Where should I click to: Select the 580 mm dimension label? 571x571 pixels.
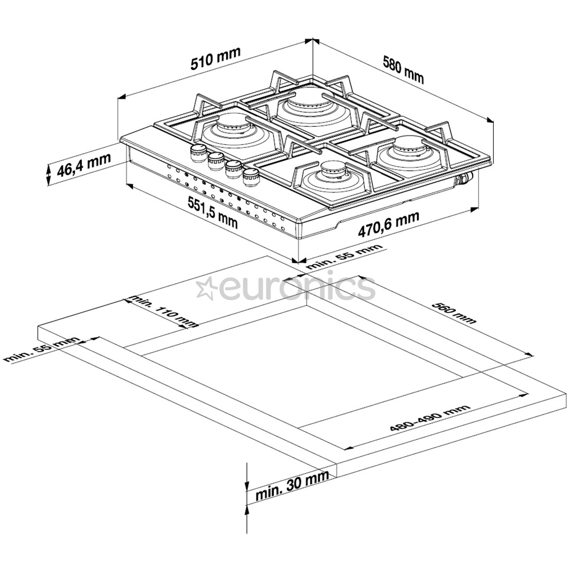[403, 69]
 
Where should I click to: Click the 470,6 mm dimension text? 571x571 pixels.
[389, 225]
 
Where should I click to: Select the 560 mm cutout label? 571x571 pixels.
[454, 312]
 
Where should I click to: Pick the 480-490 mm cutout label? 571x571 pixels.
[429, 419]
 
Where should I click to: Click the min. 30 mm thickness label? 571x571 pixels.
[292, 487]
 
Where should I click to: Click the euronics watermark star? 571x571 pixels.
[206, 288]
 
